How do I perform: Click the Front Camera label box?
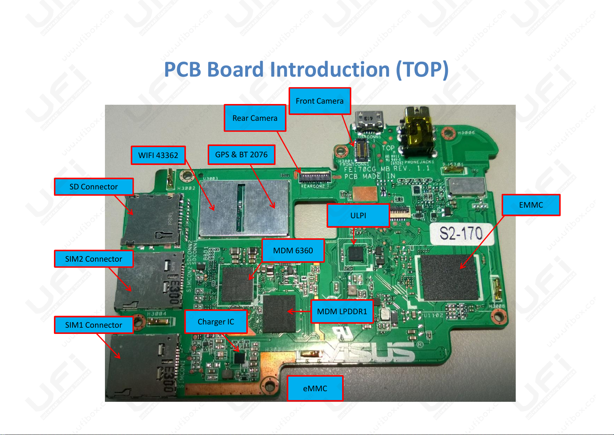[x=320, y=101]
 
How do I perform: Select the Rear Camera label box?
[x=255, y=118]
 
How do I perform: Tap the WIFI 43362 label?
[x=158, y=155]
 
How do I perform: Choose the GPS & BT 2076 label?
[x=241, y=155]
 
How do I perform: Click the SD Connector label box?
[x=94, y=187]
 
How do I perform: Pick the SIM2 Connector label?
[x=94, y=259]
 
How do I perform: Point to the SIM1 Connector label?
[x=94, y=325]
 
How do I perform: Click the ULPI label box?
[x=358, y=216]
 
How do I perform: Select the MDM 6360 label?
[x=293, y=251]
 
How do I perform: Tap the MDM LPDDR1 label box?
[x=342, y=312]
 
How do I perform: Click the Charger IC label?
[x=216, y=322]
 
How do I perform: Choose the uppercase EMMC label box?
[x=531, y=205]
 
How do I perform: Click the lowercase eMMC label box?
[x=315, y=389]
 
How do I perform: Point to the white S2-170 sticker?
[x=461, y=234]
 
